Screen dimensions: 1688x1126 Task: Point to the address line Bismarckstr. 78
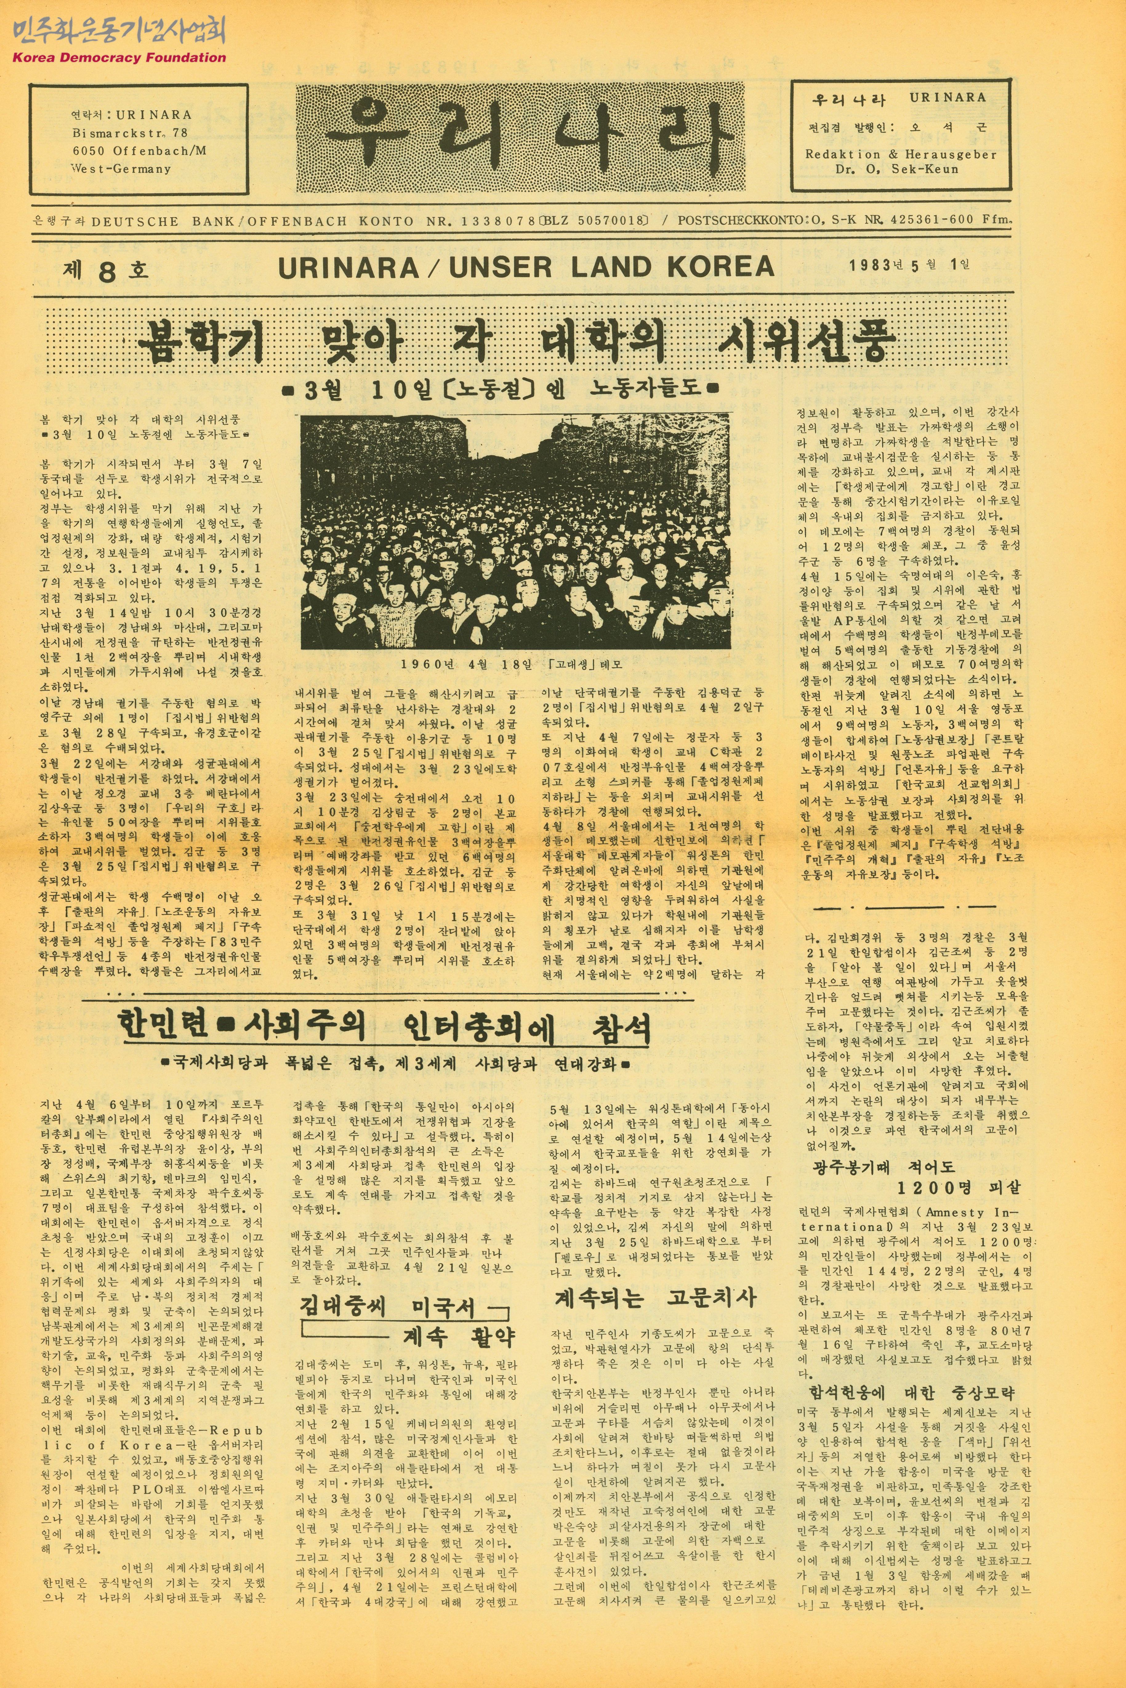click(x=130, y=133)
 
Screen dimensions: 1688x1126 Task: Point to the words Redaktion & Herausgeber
click(x=900, y=155)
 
